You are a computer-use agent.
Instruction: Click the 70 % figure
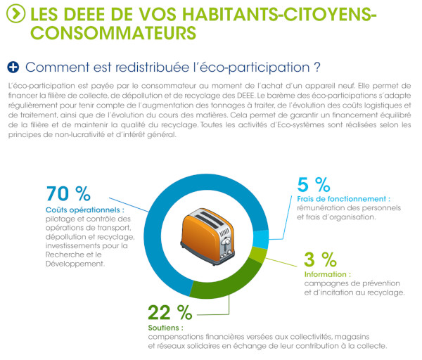[68, 193]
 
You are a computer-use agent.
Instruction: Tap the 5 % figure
[314, 184]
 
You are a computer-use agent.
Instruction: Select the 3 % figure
[319, 258]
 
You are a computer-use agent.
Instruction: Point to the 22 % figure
[170, 312]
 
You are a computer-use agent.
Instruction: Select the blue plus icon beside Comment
[13, 67]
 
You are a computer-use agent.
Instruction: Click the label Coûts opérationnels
[84, 209]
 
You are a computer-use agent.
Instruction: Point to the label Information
[327, 274]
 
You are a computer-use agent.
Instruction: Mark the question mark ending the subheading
[318, 67]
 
